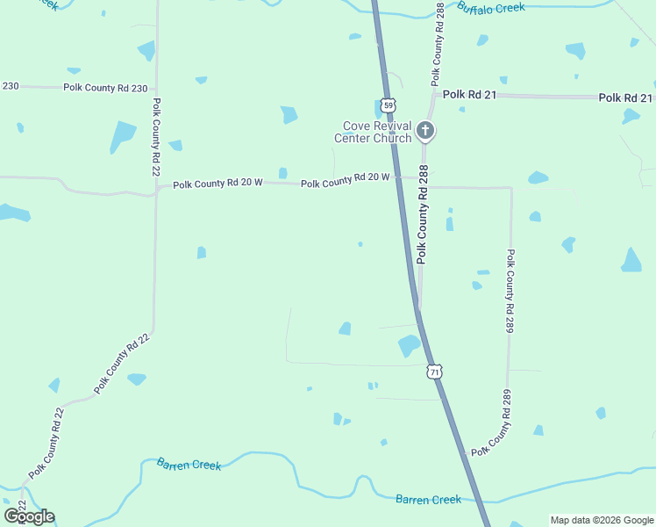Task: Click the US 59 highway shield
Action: [388, 104]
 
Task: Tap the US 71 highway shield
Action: [434, 372]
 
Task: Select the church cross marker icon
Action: [425, 132]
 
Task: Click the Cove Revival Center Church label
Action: [373, 132]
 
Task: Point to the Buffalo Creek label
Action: [490, 8]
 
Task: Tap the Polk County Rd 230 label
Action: [109, 88]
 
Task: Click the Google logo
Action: [29, 516]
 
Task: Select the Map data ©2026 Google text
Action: [602, 520]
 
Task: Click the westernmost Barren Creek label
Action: [189, 464]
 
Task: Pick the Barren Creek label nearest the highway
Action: [428, 499]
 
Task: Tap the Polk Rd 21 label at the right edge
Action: [625, 97]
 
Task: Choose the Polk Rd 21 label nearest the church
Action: [469, 94]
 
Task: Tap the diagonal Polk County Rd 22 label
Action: [123, 363]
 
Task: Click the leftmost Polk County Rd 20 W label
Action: [217, 184]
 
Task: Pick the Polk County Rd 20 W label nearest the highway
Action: [345, 181]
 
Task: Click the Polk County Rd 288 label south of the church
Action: [424, 214]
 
